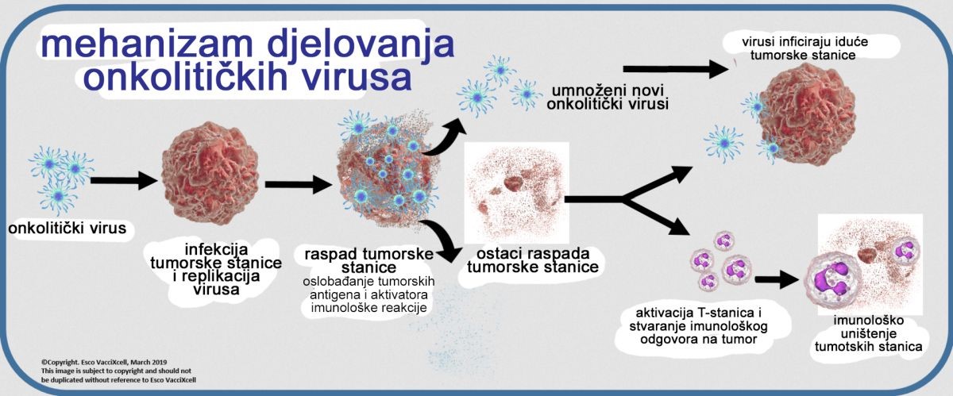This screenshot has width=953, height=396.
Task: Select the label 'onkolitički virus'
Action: [x=68, y=228]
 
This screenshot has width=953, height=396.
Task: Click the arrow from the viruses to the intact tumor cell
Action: [x=124, y=180]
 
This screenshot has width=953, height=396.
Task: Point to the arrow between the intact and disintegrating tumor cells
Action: [x=299, y=184]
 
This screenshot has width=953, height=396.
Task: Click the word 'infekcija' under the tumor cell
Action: [x=216, y=249]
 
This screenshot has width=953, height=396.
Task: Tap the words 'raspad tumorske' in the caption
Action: [x=368, y=254]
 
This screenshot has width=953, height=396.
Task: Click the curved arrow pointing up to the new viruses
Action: [x=442, y=138]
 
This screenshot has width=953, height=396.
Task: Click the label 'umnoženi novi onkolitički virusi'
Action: [x=608, y=98]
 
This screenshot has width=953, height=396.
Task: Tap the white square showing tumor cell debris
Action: [x=516, y=192]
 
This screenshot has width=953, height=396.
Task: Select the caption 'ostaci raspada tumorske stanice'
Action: [x=533, y=260]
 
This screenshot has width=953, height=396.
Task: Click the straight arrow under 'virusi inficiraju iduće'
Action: [x=676, y=69]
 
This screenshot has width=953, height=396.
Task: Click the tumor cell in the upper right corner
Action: [x=807, y=114]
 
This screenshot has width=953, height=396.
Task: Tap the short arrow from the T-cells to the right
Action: [x=777, y=279]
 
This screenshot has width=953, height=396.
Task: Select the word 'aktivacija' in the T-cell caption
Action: [x=664, y=313]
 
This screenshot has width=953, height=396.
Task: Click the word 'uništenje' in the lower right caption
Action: [x=868, y=333]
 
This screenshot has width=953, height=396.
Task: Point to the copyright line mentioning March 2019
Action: [x=104, y=363]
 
